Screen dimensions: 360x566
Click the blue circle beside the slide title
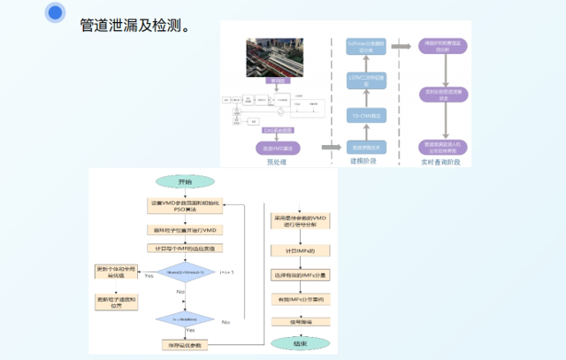click(x=56, y=12)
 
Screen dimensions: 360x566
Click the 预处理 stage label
click(x=277, y=162)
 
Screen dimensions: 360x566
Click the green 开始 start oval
click(x=184, y=181)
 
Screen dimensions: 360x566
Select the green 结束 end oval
click(x=301, y=342)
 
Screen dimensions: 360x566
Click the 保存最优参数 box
click(x=184, y=343)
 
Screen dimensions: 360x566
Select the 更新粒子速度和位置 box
click(x=118, y=297)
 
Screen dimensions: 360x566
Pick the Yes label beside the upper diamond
click(x=148, y=277)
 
